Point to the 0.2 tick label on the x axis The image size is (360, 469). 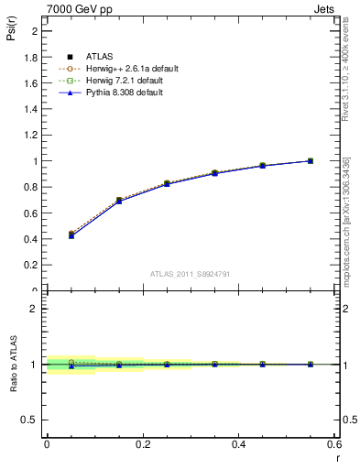(143, 444)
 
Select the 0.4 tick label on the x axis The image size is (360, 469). (238, 444)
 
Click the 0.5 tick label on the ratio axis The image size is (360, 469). (31, 420)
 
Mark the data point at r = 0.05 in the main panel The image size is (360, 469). (71, 235)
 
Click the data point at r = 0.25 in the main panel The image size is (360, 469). (167, 183)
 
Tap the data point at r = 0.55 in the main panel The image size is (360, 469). (311, 161)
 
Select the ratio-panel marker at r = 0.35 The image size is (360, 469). (214, 364)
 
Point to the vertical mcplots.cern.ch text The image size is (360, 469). (345, 234)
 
